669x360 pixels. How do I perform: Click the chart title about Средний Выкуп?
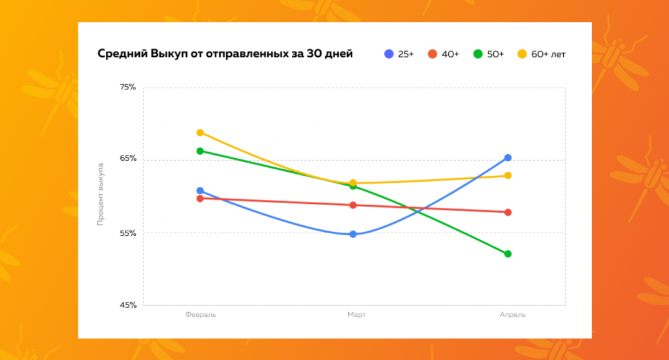pos(225,54)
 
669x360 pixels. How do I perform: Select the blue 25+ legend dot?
pos(389,54)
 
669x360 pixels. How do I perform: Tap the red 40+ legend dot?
pos(432,54)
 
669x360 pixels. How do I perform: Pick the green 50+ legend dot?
pos(478,54)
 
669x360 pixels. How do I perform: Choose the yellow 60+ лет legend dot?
pos(522,54)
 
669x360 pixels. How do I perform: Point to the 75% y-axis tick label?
pos(127,87)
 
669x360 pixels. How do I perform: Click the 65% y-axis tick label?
pos(127,159)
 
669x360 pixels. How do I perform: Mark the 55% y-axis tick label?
pos(127,233)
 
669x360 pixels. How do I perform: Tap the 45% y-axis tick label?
pos(127,305)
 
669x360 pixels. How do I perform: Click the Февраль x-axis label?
pos(201,315)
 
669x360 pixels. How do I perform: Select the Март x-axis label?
pos(356,315)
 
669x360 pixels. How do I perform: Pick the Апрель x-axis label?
pos(512,315)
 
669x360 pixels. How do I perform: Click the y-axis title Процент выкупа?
pos(101,195)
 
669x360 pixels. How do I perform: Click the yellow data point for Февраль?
pos(201,133)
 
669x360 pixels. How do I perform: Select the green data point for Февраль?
pos(201,151)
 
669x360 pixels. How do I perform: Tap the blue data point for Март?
pos(353,234)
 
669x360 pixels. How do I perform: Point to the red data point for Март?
pos(353,205)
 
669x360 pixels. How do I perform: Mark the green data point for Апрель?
pos(508,254)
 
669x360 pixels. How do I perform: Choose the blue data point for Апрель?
pos(508,157)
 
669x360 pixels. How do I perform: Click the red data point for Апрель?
pos(508,212)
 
